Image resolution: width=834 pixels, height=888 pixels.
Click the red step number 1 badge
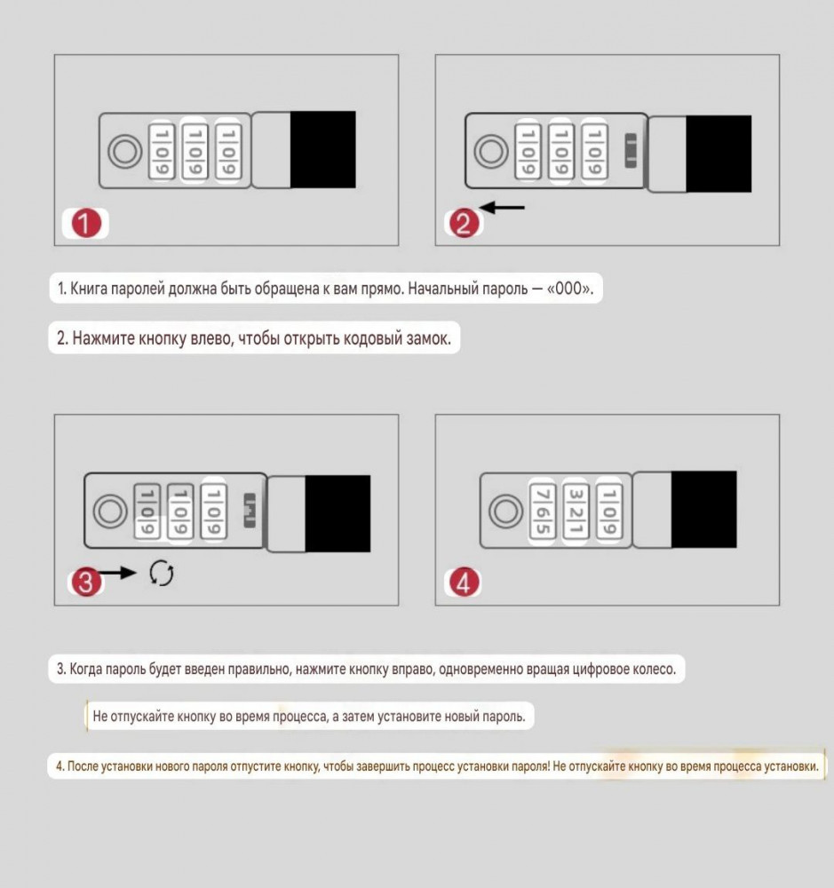[x=86, y=223]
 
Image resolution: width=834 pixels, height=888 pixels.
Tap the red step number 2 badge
[x=464, y=223]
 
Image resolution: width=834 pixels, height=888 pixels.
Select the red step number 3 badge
[x=86, y=582]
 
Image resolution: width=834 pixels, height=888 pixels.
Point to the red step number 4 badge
[x=464, y=582]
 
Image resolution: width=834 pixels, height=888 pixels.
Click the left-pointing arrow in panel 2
[x=503, y=208]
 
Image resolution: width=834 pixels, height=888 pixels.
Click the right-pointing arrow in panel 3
[x=118, y=573]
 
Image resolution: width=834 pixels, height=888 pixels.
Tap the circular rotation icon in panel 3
[x=162, y=573]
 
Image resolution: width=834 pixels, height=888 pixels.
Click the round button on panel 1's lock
[x=125, y=152]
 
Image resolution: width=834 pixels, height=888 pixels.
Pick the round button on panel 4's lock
[x=506, y=511]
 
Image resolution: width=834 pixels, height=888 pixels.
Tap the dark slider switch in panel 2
[x=631, y=151]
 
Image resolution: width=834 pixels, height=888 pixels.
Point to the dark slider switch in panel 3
[x=250, y=511]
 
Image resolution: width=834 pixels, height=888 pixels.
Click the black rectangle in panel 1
[x=323, y=149]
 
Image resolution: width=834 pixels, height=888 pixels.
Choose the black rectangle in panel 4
[x=704, y=509]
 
